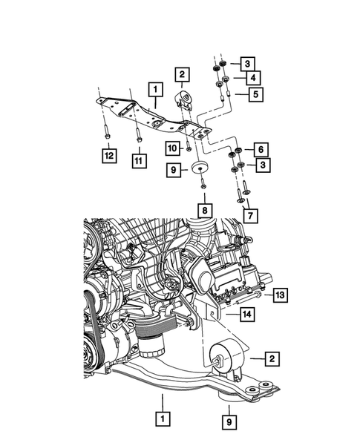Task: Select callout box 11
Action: pyautogui.click(x=138, y=160)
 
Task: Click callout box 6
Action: pyautogui.click(x=261, y=149)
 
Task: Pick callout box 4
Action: pyautogui.click(x=253, y=78)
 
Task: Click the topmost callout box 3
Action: pyautogui.click(x=247, y=63)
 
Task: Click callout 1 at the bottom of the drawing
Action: pyautogui.click(x=160, y=419)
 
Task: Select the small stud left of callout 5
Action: pyautogui.click(x=230, y=93)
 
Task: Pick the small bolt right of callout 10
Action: pyautogui.click(x=189, y=149)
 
